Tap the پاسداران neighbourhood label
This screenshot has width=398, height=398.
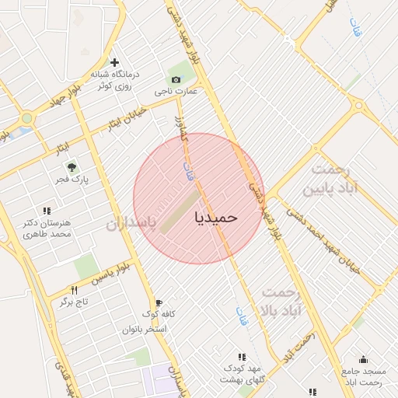pyautogui.click(x=131, y=225)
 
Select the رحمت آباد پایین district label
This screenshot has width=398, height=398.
pyautogui.click(x=337, y=179)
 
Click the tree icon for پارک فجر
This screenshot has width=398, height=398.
pyautogui.click(x=72, y=167)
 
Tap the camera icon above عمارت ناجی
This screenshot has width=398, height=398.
pyautogui.click(x=176, y=79)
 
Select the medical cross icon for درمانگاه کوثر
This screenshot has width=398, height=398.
pyautogui.click(x=115, y=62)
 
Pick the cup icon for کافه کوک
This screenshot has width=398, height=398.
pyautogui.click(x=159, y=302)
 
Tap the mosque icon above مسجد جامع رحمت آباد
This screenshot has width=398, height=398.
pyautogui.click(x=362, y=359)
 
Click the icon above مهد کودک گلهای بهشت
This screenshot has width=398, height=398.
pyautogui.click(x=241, y=356)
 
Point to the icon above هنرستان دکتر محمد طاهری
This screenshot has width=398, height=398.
pyautogui.click(x=47, y=210)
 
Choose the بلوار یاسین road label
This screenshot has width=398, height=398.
pyautogui.click(x=106, y=272)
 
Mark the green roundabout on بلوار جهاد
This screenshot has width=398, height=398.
pyautogui.click(x=27, y=118)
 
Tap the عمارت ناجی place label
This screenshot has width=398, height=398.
pyautogui.click(x=176, y=91)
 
